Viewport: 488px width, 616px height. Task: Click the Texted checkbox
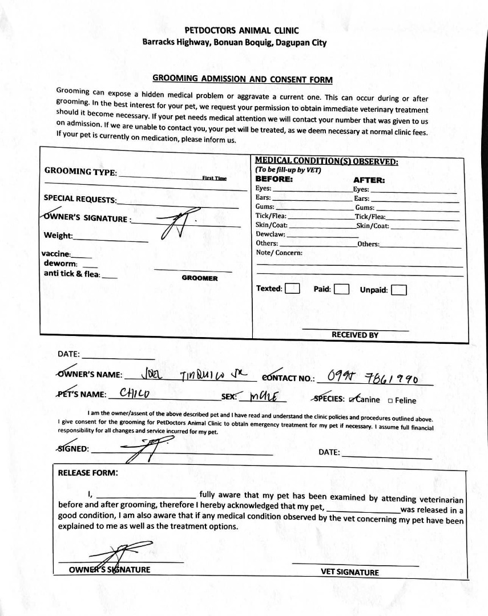[292, 289]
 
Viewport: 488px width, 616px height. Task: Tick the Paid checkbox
[341, 289]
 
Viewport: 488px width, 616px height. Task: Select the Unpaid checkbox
[398, 290]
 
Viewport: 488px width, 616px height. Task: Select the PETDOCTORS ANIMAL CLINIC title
[241, 30]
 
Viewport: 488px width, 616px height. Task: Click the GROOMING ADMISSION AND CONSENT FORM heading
[242, 79]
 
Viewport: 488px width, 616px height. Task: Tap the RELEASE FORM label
[88, 472]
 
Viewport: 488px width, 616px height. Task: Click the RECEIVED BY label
[354, 335]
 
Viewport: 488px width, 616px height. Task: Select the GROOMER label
[199, 278]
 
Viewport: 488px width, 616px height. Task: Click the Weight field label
[58, 236]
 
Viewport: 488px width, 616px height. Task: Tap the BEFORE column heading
[274, 179]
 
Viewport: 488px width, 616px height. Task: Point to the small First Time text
[214, 178]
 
